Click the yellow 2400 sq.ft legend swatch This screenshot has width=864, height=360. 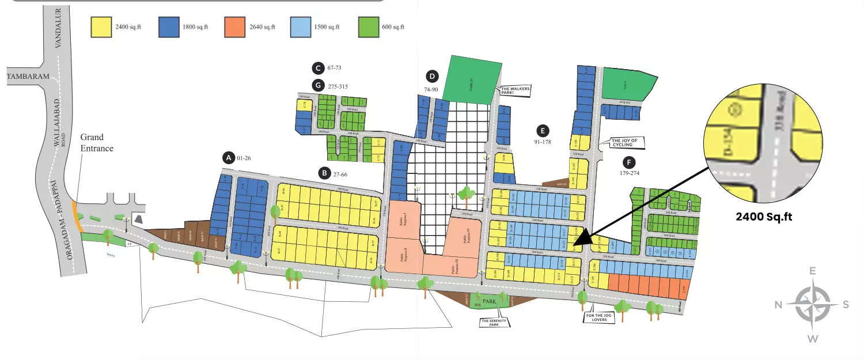(101, 27)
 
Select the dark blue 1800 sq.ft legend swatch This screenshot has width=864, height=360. (169, 27)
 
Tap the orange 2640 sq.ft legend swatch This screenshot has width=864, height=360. (235, 27)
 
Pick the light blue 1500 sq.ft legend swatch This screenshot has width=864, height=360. (300, 27)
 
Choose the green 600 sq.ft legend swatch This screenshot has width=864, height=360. (367, 27)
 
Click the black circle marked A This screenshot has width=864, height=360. (229, 157)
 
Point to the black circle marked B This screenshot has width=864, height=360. (324, 172)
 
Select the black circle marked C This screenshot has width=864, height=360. (317, 68)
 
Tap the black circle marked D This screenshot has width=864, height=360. (432, 76)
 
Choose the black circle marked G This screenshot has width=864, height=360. (317, 86)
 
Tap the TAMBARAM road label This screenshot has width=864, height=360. (28, 76)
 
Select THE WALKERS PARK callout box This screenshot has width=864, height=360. (513, 90)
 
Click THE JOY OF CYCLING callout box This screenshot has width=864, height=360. (626, 142)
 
